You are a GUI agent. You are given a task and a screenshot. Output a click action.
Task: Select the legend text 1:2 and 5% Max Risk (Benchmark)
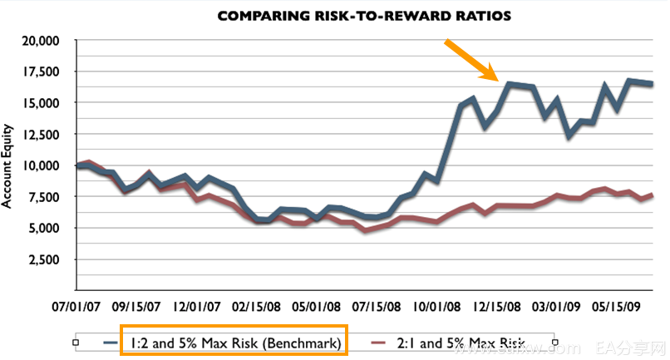(x=234, y=341)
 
